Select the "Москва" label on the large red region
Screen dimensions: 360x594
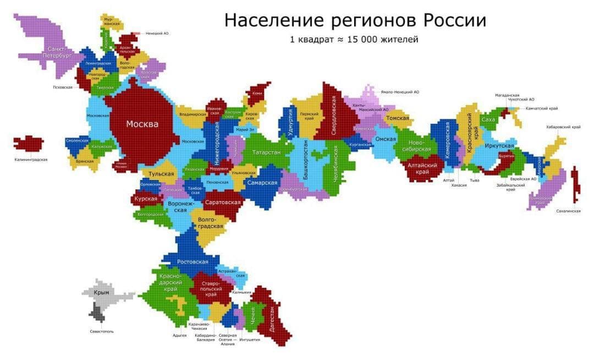(x=142, y=124)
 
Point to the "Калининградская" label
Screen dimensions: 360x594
(x=31, y=160)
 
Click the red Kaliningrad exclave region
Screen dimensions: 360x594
(x=29, y=143)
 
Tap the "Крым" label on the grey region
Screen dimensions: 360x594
(x=101, y=293)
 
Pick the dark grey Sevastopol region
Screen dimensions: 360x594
(x=97, y=314)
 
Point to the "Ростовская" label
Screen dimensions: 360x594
(x=193, y=262)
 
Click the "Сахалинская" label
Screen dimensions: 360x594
(x=568, y=211)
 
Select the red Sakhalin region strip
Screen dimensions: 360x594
(x=575, y=184)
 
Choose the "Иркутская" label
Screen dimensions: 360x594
(x=499, y=146)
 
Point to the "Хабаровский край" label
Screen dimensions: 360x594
(x=563, y=127)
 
